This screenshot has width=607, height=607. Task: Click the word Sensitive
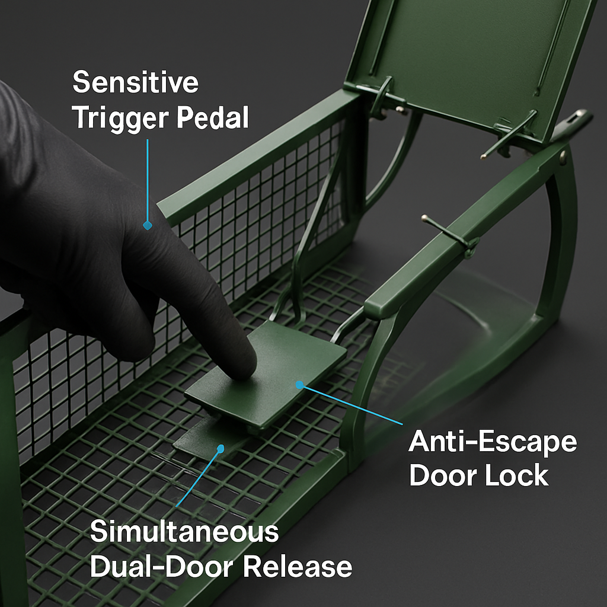coord(136,82)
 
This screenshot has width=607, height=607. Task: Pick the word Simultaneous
coord(184,532)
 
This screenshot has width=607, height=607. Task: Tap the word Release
coord(298,566)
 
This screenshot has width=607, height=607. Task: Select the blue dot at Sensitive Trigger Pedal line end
coord(147,225)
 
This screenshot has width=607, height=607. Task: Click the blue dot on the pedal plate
coord(299,385)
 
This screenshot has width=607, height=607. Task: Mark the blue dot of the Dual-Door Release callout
coord(221,449)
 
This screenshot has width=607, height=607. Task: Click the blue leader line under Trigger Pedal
coord(147,181)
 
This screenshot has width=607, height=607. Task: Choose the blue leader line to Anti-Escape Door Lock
coord(352,404)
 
